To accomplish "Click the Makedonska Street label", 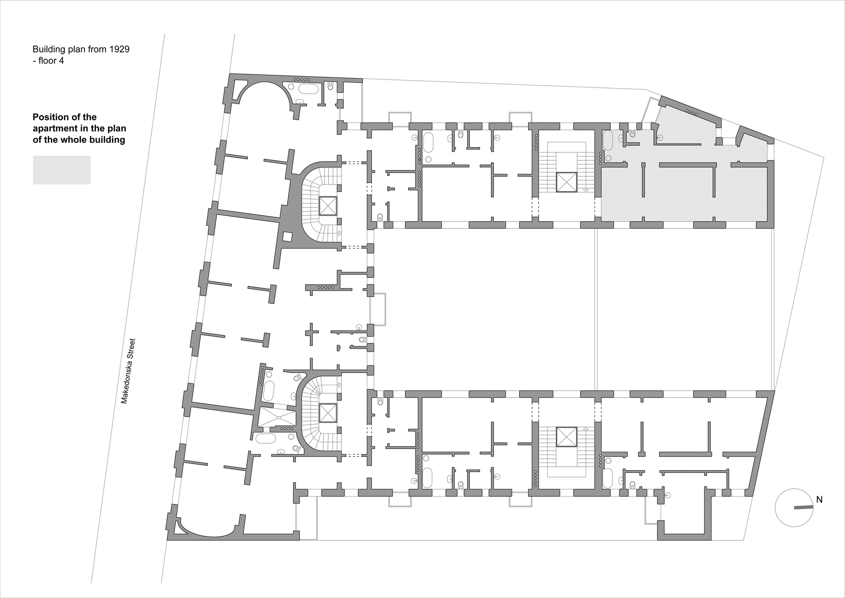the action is (128, 370).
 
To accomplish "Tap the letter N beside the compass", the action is (819, 499).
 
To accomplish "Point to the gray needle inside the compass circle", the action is (803, 507).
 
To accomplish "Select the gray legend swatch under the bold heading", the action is (62, 170).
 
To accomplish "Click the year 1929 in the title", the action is (119, 49).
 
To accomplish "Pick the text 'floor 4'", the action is (51, 61).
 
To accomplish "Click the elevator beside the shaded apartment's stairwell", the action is (567, 182).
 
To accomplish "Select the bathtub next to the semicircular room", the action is (308, 89).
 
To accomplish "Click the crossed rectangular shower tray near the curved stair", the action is (278, 417).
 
